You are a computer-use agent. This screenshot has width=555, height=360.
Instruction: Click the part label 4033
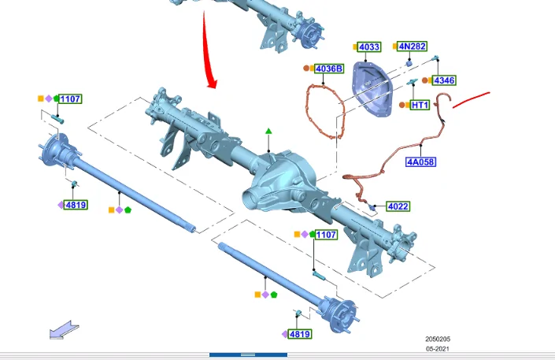(x=369, y=46)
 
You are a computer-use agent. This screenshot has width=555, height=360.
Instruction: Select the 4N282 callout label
(x=412, y=46)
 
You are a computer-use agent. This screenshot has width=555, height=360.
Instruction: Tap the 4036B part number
(x=329, y=69)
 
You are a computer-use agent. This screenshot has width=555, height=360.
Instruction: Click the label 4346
(x=444, y=80)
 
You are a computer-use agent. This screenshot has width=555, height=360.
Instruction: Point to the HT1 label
(x=420, y=105)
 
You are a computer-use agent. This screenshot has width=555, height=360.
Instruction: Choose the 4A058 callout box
(x=420, y=162)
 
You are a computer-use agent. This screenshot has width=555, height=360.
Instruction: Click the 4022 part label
(x=398, y=206)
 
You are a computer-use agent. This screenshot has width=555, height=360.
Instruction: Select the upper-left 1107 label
(x=70, y=98)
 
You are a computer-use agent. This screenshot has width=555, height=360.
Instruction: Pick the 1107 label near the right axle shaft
(x=326, y=235)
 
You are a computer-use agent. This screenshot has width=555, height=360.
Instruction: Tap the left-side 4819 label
(x=76, y=205)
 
